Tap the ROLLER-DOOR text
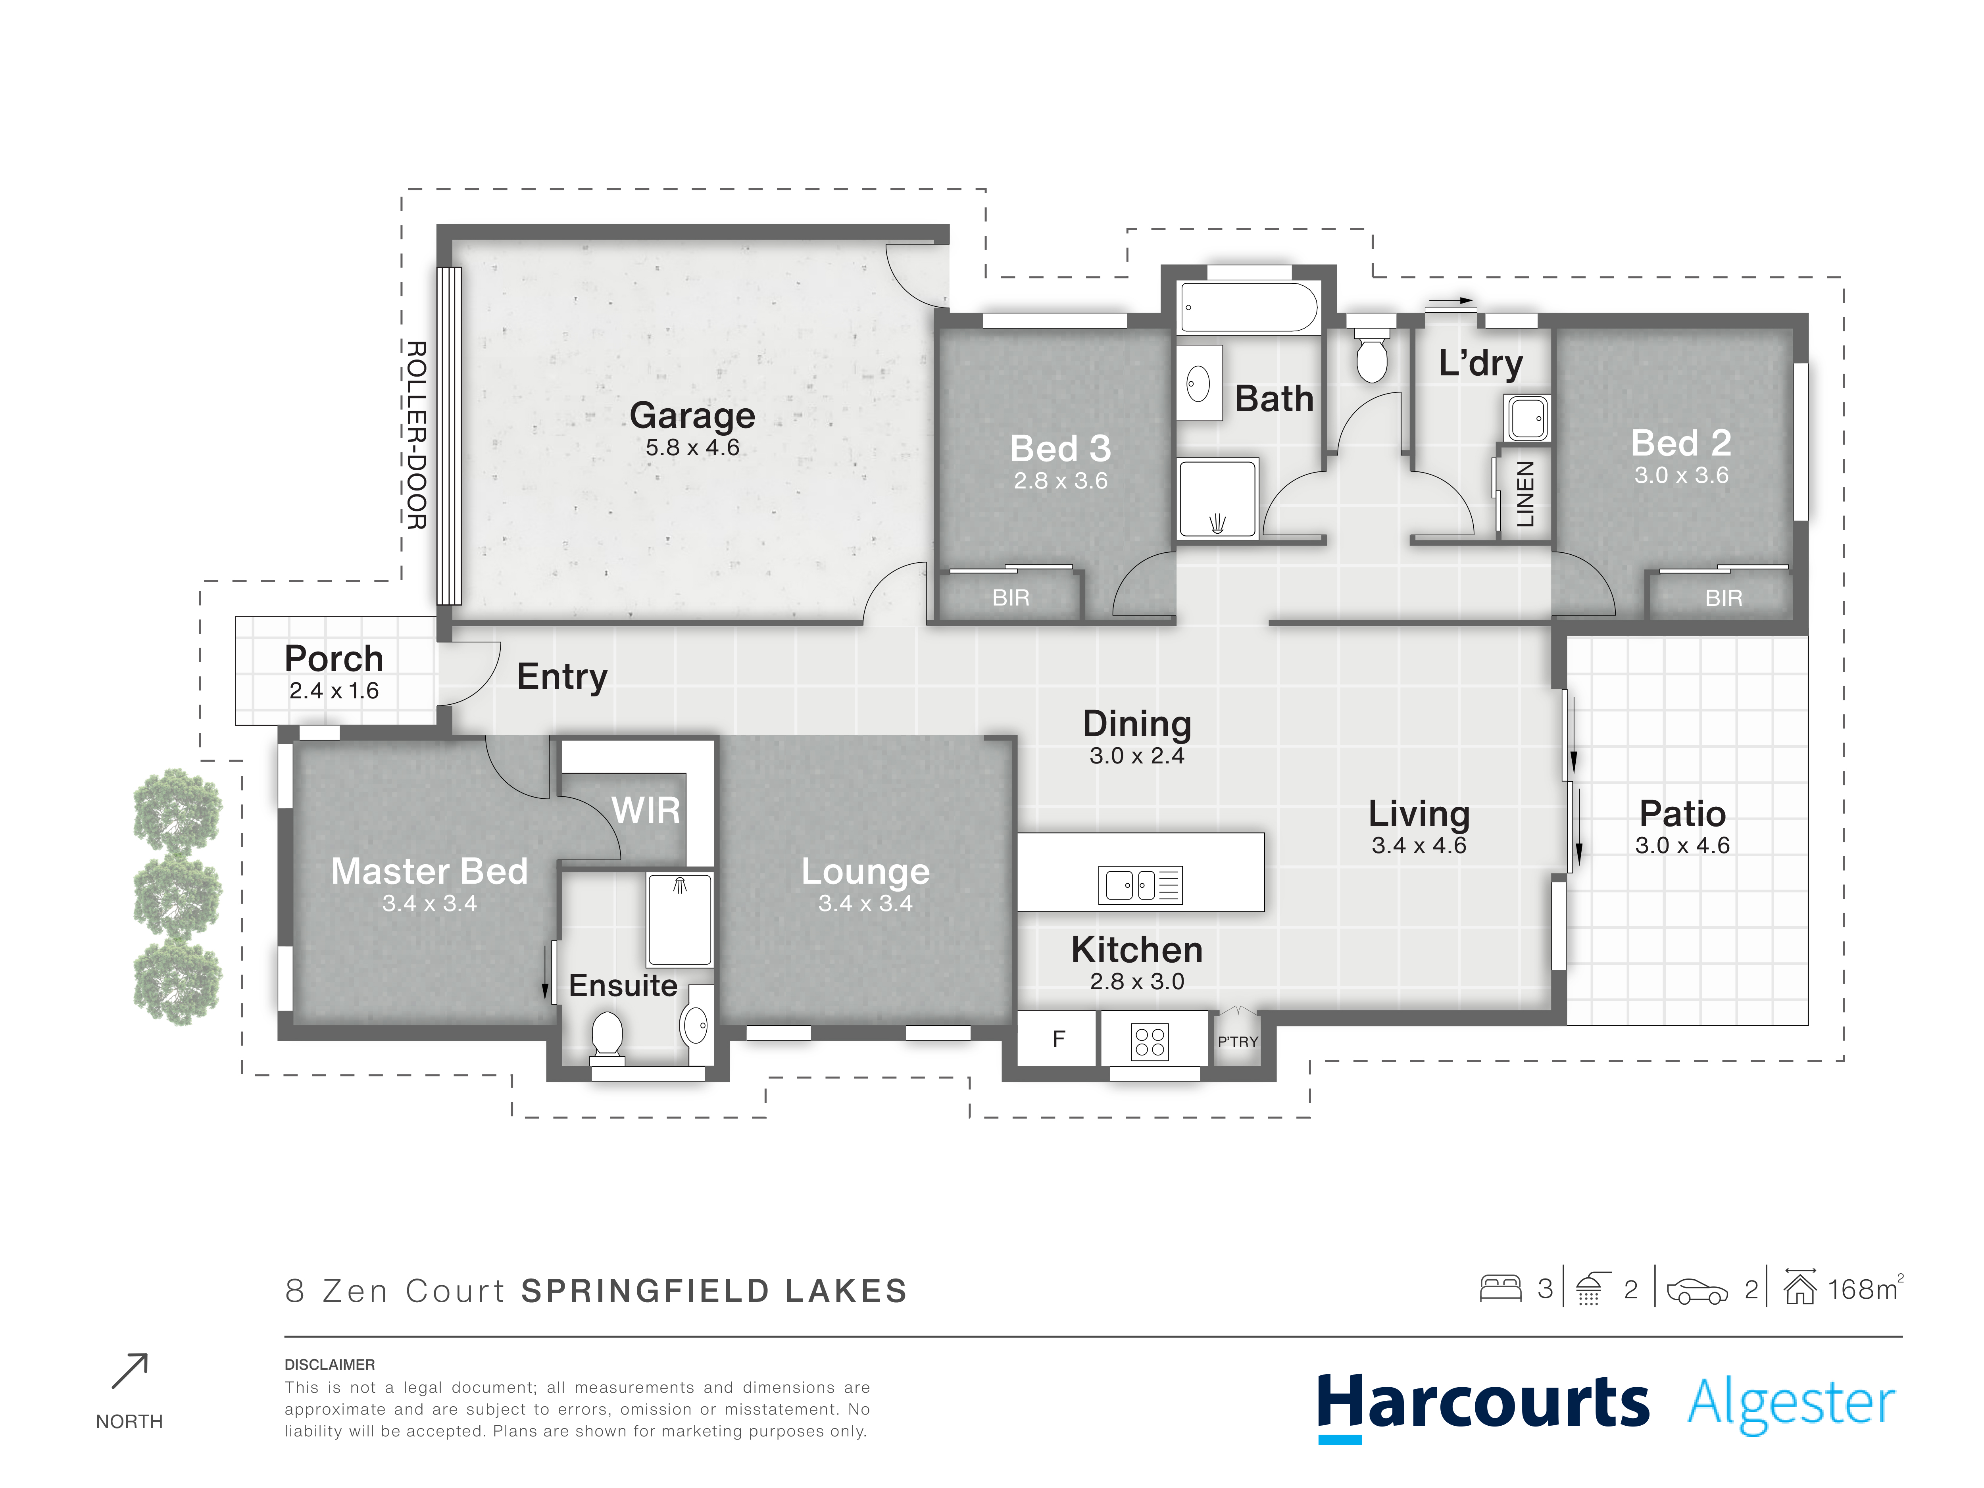coord(416,435)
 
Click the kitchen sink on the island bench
coord(1140,884)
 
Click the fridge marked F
coord(1058,1039)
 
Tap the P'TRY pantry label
coord(1238,1041)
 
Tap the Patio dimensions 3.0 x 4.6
coord(1683,845)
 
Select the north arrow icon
coord(129,1371)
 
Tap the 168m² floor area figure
coord(1866,1289)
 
